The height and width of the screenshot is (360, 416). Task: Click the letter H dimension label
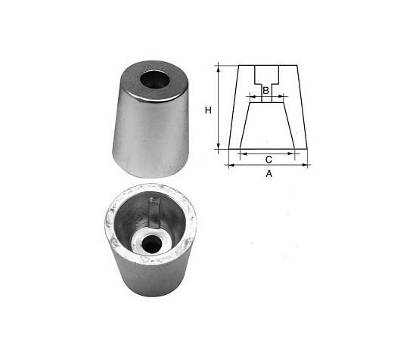click(x=208, y=110)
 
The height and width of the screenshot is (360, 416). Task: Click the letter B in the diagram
click(x=265, y=91)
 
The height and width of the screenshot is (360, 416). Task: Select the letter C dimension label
click(x=269, y=160)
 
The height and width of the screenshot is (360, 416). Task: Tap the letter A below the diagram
click(x=269, y=173)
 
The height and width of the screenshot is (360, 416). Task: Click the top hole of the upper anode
click(x=155, y=79)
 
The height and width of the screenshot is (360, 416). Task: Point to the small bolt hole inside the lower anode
click(x=152, y=244)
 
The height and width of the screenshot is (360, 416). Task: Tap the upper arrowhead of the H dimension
click(x=219, y=68)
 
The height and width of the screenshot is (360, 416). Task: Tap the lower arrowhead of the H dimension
click(x=219, y=146)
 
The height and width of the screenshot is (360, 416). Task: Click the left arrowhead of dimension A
click(x=231, y=166)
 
